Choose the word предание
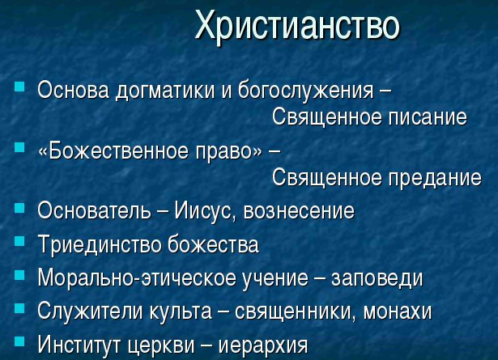pyautogui.click(x=435, y=179)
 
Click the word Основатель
pyautogui.click(x=94, y=210)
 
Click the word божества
pyautogui.click(x=213, y=244)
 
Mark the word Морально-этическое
pyautogui.click(x=137, y=278)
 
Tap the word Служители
pyautogui.click(x=90, y=311)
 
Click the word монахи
pyautogui.click(x=398, y=311)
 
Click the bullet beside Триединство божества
pyautogui.click(x=19, y=242)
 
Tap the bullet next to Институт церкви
pyautogui.click(x=19, y=341)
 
